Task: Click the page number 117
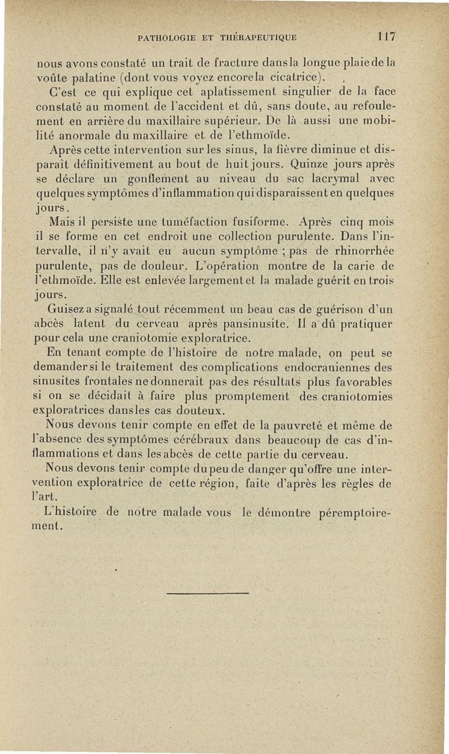pyautogui.click(x=387, y=38)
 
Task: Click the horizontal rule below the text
pyautogui.click(x=208, y=592)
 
